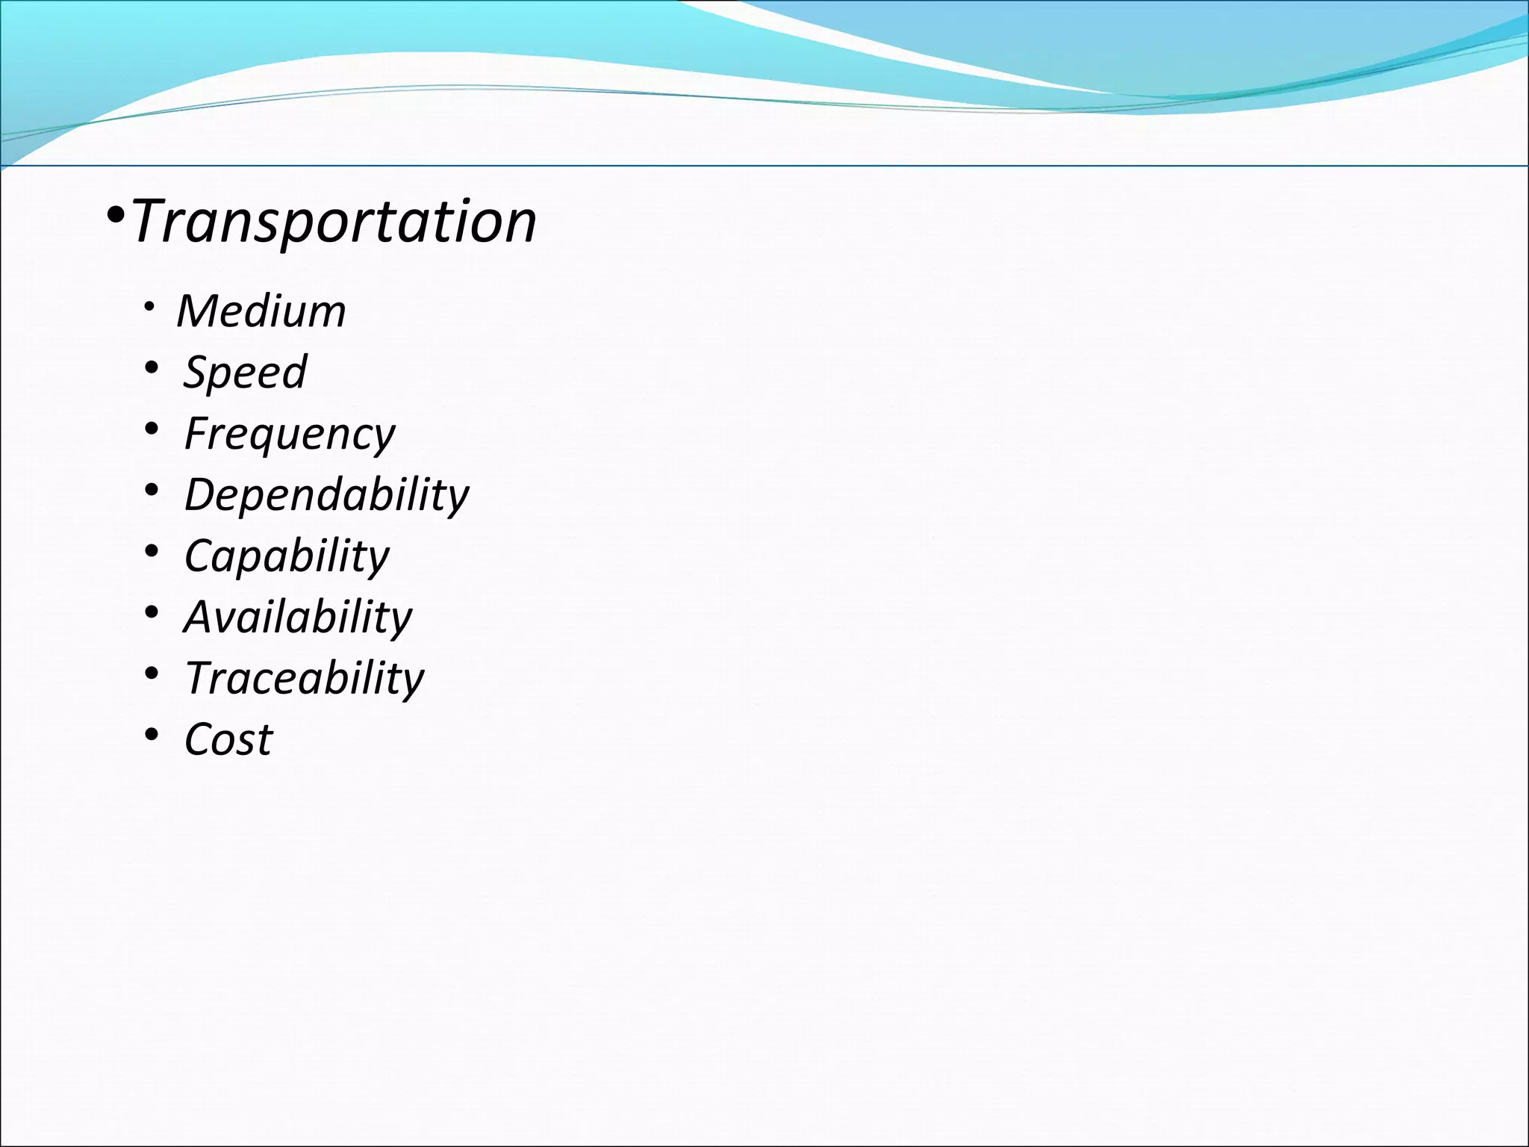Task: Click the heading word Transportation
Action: pos(334,222)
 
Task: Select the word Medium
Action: pos(261,311)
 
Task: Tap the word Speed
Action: pos(245,371)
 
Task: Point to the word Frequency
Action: pos(290,433)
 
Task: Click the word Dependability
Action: pos(326,494)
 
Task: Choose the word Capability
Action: pos(287,556)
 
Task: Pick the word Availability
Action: pos(298,617)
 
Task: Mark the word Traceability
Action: pos(304,678)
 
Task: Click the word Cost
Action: pos(228,739)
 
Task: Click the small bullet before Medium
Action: pos(150,307)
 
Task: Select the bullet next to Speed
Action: pos(152,367)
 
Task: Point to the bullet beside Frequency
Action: pos(152,429)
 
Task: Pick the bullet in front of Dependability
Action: pos(152,490)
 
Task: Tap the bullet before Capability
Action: pos(152,551)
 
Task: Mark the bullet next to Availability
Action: pos(152,612)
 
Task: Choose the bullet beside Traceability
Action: pos(152,674)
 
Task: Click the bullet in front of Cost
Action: pos(152,735)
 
